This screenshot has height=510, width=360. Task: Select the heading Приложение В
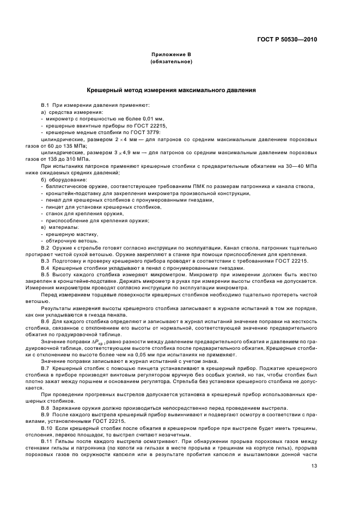coord(172,56)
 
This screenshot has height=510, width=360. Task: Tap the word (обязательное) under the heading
coord(172,62)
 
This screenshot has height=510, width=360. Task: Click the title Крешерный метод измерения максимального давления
coord(172,90)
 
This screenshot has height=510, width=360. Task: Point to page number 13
coord(314,465)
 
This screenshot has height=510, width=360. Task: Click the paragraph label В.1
coord(46,104)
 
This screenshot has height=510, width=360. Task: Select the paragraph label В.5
coord(46,275)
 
